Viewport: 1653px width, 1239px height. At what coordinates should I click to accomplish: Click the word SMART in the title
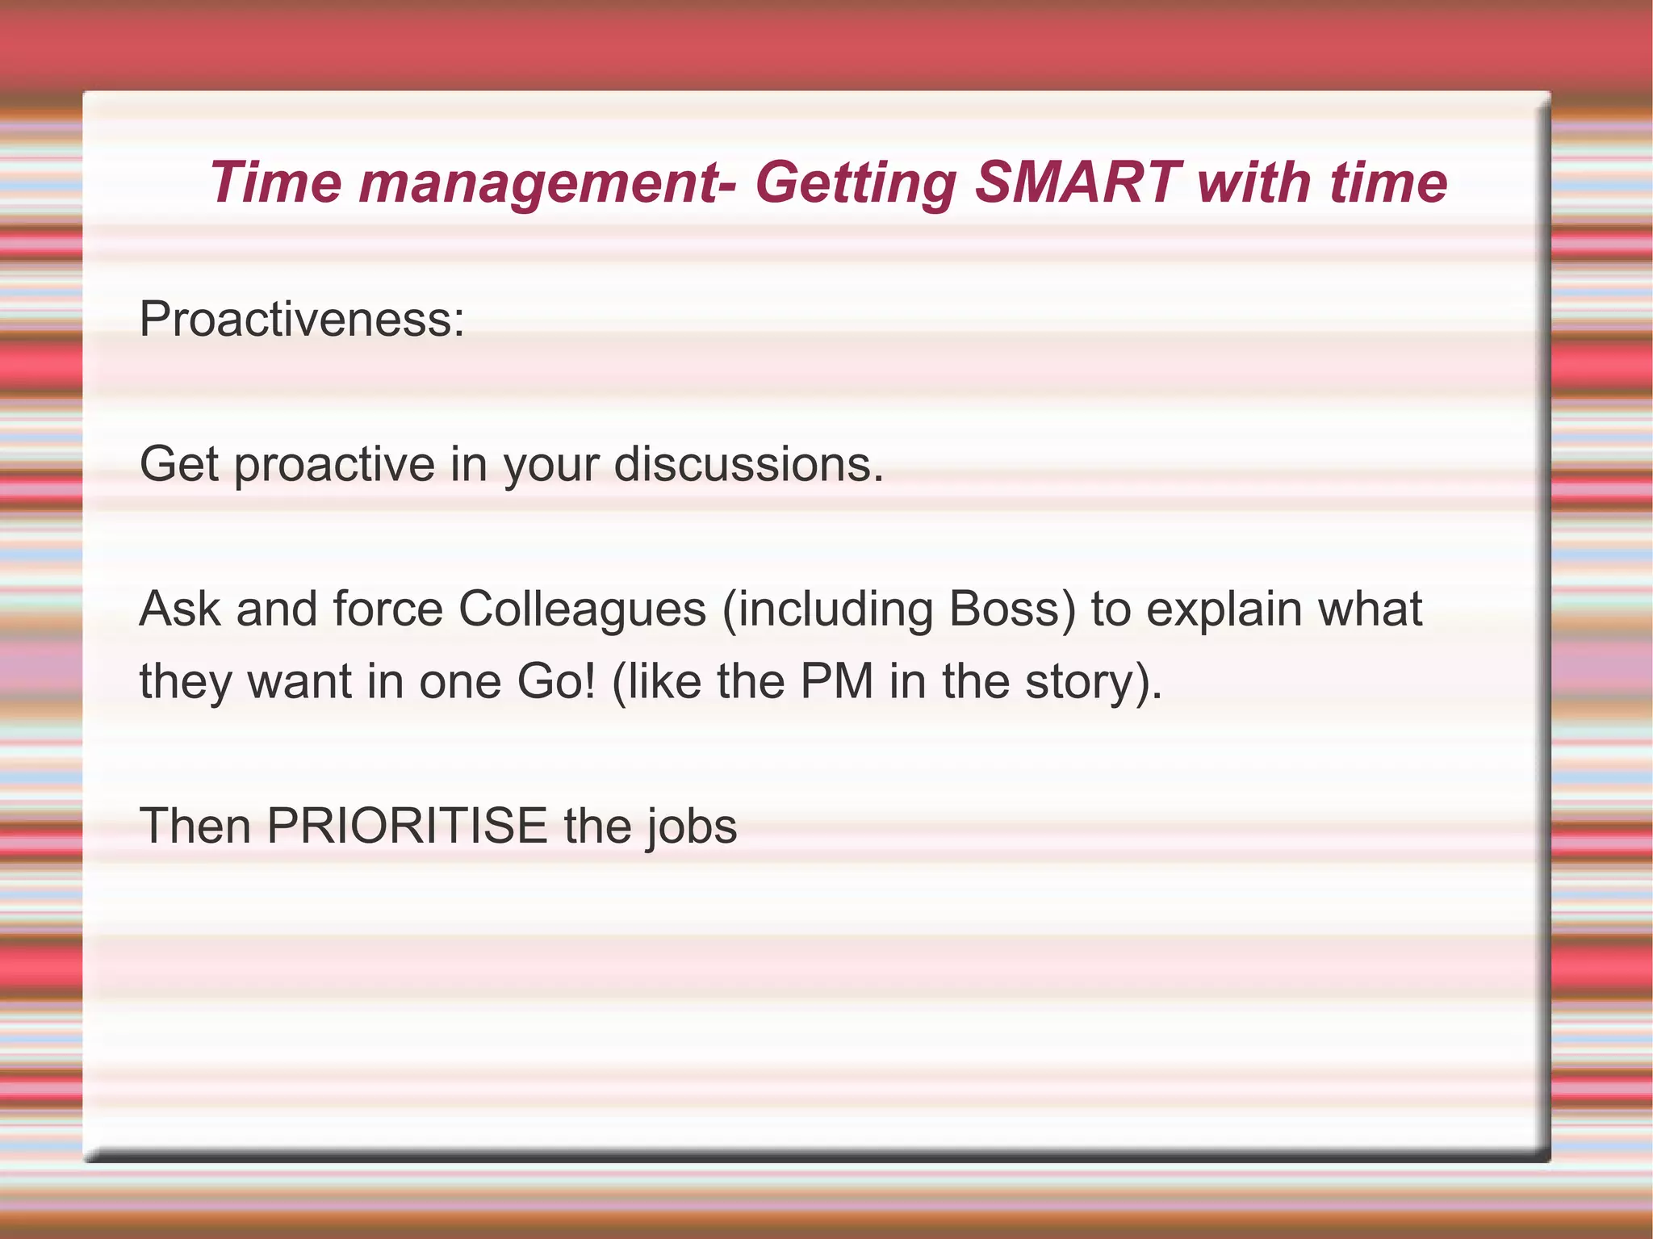(x=1078, y=182)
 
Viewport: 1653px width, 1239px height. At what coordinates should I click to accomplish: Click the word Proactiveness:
(x=302, y=319)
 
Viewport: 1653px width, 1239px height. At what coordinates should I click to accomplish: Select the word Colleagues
(x=582, y=609)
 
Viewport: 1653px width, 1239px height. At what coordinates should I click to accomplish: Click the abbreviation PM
(x=837, y=681)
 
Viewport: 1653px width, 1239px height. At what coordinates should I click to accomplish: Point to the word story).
(x=1094, y=683)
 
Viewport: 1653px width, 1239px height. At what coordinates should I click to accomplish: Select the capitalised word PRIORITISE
(x=408, y=826)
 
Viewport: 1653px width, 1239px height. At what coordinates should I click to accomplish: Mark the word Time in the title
(x=275, y=182)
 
